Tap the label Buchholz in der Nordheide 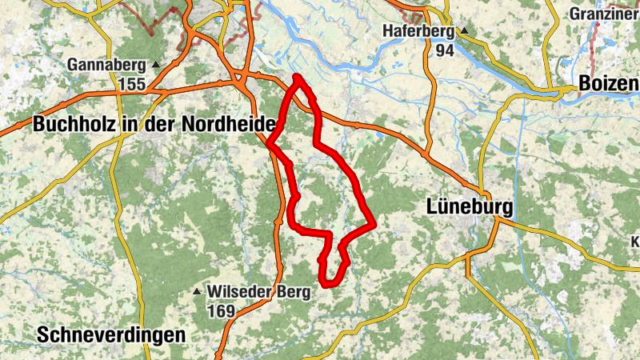tap(154, 125)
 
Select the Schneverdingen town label tap(110, 335)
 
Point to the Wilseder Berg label tap(258, 292)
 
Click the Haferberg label tap(418, 32)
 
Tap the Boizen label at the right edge tap(608, 85)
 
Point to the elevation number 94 tap(445, 50)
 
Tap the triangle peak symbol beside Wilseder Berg tap(198, 292)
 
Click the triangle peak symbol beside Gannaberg tap(156, 65)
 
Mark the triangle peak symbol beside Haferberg tap(462, 32)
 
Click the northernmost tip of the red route tap(297, 76)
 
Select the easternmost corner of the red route tap(374, 226)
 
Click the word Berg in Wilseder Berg tap(291, 292)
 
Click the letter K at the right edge tap(635, 242)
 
